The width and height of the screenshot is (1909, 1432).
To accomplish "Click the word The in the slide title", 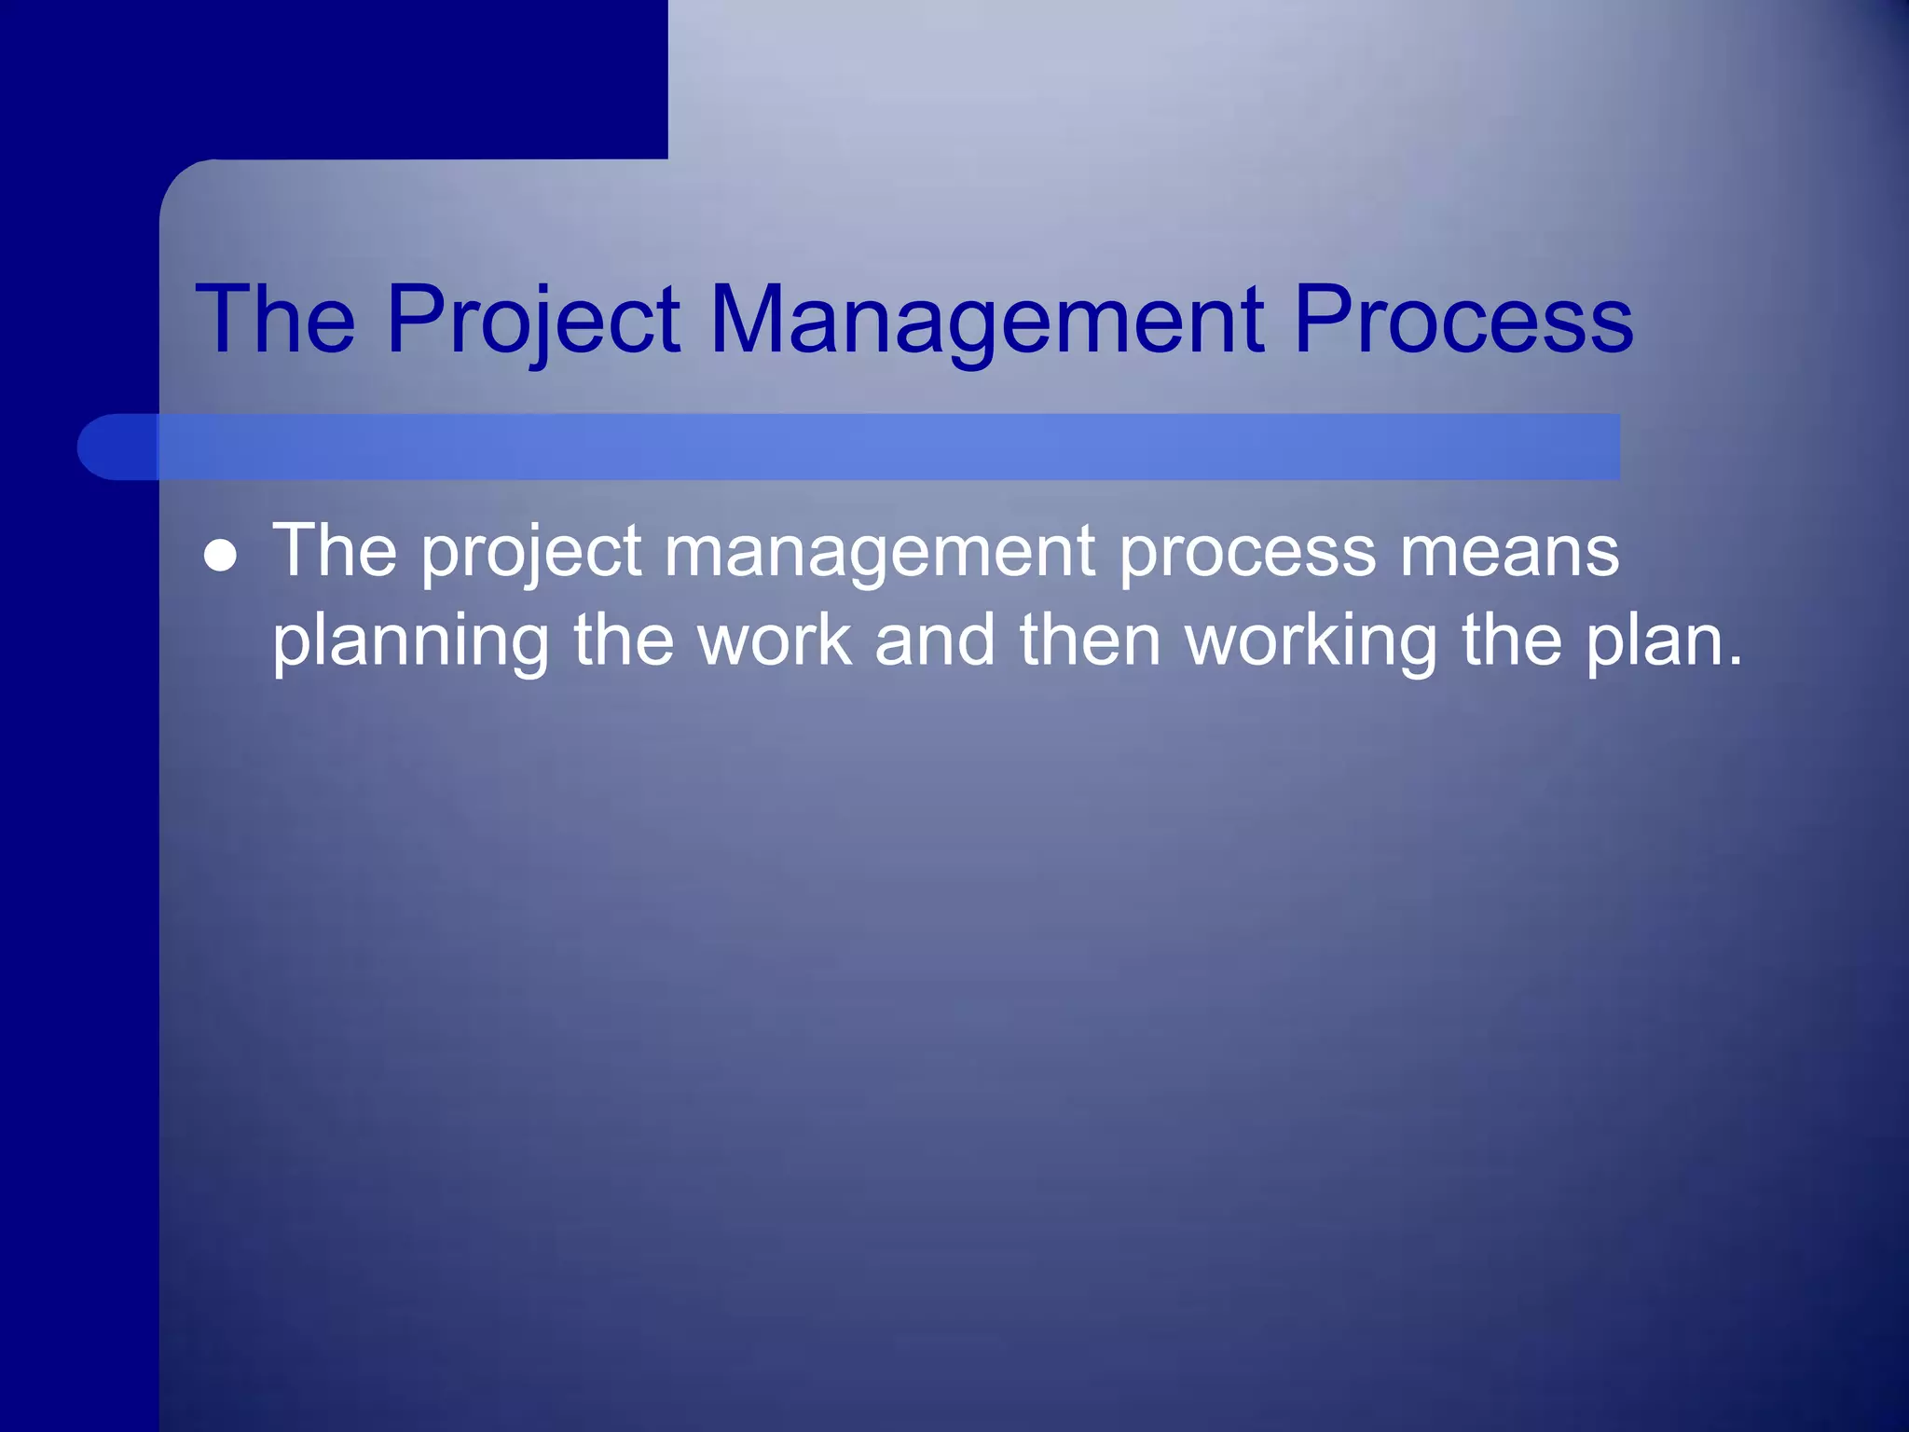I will (275, 319).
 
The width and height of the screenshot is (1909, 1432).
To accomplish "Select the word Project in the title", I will (533, 319).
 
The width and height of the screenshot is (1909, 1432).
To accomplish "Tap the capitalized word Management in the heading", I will (986, 319).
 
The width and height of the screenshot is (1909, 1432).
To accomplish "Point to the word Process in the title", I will (1463, 319).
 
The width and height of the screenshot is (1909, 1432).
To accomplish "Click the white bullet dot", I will (220, 558).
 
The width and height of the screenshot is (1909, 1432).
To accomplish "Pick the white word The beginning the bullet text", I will (334, 550).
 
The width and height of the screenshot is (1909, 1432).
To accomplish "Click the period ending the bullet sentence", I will (1733, 661).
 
